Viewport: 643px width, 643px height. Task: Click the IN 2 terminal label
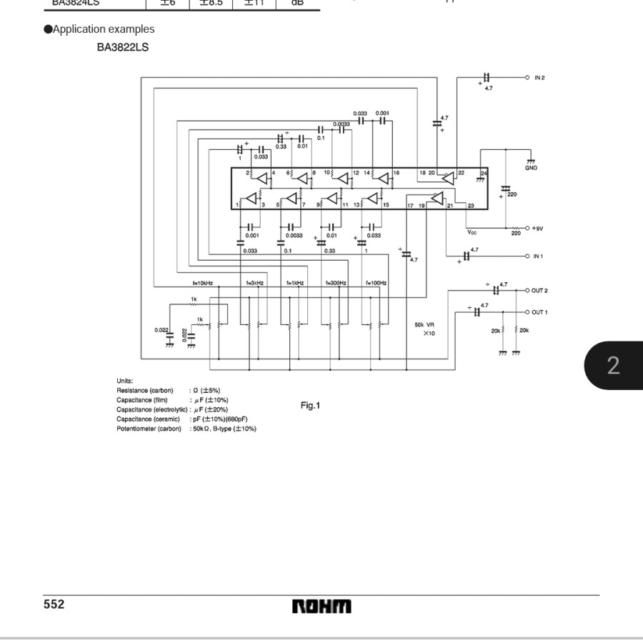[x=539, y=77]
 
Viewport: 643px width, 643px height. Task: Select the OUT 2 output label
[x=539, y=291]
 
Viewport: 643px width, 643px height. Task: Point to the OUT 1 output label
[x=539, y=312]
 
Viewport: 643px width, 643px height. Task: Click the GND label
[x=531, y=168]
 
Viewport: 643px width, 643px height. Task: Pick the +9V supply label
[x=539, y=228]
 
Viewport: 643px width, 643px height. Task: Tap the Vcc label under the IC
[x=472, y=231]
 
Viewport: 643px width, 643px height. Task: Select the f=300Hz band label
[x=336, y=283]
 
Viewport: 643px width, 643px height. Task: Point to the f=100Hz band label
[x=377, y=283]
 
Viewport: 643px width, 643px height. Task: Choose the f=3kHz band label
[x=255, y=283]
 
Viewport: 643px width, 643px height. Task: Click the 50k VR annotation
[x=424, y=325]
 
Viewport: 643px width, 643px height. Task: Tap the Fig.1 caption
[x=310, y=406]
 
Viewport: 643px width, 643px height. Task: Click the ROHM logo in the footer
[x=321, y=607]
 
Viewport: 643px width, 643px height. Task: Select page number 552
[x=54, y=605]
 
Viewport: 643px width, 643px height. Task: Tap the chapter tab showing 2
[x=613, y=366]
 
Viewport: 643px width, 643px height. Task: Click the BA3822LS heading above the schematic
[x=123, y=48]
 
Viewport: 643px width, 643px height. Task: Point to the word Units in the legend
[x=124, y=381]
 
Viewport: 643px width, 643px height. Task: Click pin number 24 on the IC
[x=483, y=174]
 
